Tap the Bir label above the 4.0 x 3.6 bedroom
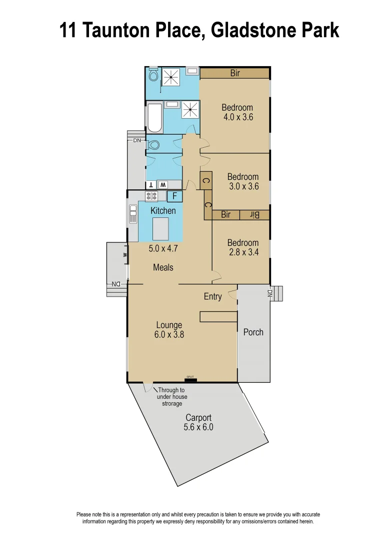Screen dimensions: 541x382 (x=235, y=73)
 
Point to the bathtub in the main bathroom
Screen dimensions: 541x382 (x=155, y=118)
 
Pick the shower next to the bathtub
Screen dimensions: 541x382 (x=189, y=109)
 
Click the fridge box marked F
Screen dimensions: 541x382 (x=174, y=196)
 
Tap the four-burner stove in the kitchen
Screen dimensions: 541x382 (x=151, y=196)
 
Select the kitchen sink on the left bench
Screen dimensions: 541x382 (x=133, y=214)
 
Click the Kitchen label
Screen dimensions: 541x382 (x=163, y=211)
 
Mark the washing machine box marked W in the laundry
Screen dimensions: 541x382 (x=163, y=184)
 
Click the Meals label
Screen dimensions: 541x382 (x=163, y=267)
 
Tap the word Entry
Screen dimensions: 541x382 (x=212, y=297)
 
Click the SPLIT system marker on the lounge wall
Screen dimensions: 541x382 (x=190, y=378)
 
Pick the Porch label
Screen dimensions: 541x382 (x=253, y=332)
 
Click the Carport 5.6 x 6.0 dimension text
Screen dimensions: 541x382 (x=198, y=427)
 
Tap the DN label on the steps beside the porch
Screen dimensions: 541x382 (x=270, y=294)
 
